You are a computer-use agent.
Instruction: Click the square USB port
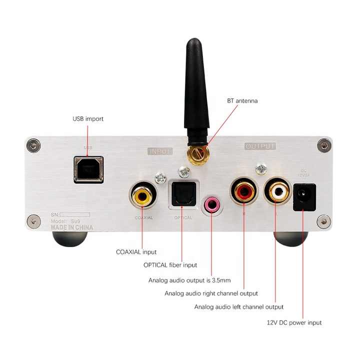pyautogui.click(x=89, y=169)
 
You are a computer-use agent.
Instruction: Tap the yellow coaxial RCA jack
pyautogui.click(x=142, y=195)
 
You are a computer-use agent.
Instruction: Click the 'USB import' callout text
pyautogui.click(x=88, y=119)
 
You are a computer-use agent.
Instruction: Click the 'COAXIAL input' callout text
pyautogui.click(x=136, y=252)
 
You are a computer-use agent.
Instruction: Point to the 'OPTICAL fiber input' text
pyautogui.click(x=170, y=265)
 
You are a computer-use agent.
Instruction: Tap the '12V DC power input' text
pyautogui.click(x=294, y=322)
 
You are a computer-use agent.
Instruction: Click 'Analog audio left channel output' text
pyautogui.click(x=239, y=306)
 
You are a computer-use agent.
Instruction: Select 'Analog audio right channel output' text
pyautogui.click(x=211, y=293)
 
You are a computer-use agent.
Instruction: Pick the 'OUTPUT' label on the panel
pyautogui.click(x=260, y=146)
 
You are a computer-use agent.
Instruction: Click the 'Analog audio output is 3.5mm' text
pyautogui.click(x=189, y=280)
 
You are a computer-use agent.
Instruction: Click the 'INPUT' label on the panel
pyautogui.click(x=160, y=151)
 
